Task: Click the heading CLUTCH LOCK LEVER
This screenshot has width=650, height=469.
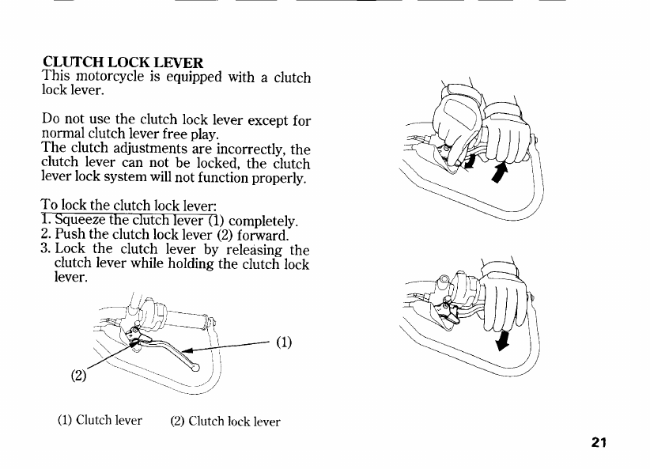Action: [x=123, y=62]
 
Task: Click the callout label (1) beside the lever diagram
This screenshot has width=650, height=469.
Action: [x=284, y=342]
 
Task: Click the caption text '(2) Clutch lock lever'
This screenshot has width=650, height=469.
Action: [x=225, y=421]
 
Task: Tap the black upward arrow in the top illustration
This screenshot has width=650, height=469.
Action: [x=500, y=171]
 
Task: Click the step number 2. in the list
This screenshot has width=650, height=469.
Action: [x=45, y=235]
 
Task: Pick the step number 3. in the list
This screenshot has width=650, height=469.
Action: [x=45, y=250]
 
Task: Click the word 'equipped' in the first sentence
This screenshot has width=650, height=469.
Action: [x=190, y=78]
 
